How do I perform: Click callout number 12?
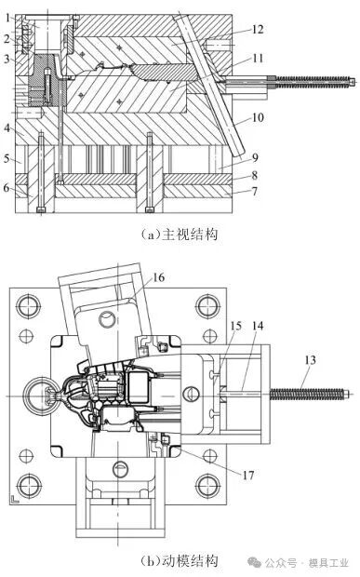click(258, 29)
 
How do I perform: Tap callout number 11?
click(258, 58)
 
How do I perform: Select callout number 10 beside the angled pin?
click(258, 117)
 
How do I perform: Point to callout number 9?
click(255, 158)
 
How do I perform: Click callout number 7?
click(255, 191)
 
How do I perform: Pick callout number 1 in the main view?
click(8, 17)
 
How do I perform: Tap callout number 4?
click(7, 128)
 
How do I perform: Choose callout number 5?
click(7, 158)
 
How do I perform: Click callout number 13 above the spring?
click(310, 359)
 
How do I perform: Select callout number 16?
click(158, 277)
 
